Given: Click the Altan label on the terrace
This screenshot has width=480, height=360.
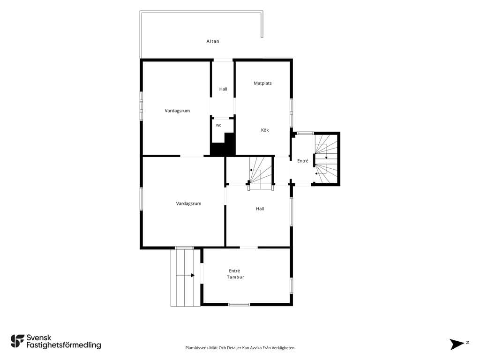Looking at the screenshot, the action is click(213, 41).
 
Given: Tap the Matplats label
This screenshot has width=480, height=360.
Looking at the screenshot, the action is click(262, 83).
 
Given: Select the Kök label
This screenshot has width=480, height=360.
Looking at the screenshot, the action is click(265, 130).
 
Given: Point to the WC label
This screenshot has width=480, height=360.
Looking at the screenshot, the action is click(218, 126).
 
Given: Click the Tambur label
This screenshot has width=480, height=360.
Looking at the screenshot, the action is click(235, 277).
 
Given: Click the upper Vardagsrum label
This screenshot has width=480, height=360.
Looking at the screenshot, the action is click(177, 111).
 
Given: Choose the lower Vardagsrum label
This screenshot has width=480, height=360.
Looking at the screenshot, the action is click(188, 203).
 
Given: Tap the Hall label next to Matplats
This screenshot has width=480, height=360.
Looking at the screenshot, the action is click(223, 89).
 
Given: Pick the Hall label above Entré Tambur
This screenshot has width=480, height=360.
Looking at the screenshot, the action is click(260, 209).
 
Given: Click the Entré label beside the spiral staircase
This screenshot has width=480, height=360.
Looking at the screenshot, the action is click(303, 161).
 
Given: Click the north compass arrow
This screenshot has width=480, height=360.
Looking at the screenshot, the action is click(457, 344).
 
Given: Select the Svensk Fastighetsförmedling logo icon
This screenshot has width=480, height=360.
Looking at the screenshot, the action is click(17, 341).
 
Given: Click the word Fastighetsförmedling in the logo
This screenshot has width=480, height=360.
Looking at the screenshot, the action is click(64, 345).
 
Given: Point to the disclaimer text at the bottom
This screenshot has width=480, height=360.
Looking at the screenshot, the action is click(240, 348).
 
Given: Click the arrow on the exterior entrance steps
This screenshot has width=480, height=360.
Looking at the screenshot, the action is click(186, 275).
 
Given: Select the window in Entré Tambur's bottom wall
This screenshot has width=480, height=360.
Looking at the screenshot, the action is click(239, 304).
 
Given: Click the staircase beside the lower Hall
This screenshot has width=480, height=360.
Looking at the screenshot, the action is click(261, 173).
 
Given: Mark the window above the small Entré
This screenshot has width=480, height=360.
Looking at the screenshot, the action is click(305, 133).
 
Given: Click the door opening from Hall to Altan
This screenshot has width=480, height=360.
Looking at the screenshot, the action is click(223, 60).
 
